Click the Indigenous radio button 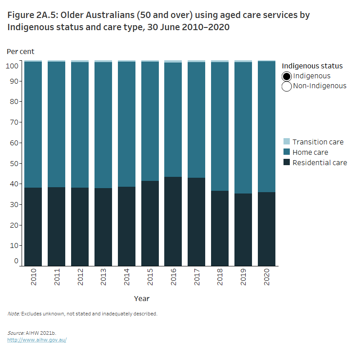[287, 76]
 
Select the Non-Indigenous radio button [287, 86]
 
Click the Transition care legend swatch [287, 142]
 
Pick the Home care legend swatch [287, 152]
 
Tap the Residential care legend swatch [287, 162]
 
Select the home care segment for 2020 [266, 126]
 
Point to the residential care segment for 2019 [243, 229]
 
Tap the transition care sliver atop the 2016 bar [173, 61]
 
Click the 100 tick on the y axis [13, 66]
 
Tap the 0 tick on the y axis [16, 261]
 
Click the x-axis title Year [142, 298]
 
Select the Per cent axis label [20, 51]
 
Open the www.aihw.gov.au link [37, 340]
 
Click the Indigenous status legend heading [312, 66]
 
